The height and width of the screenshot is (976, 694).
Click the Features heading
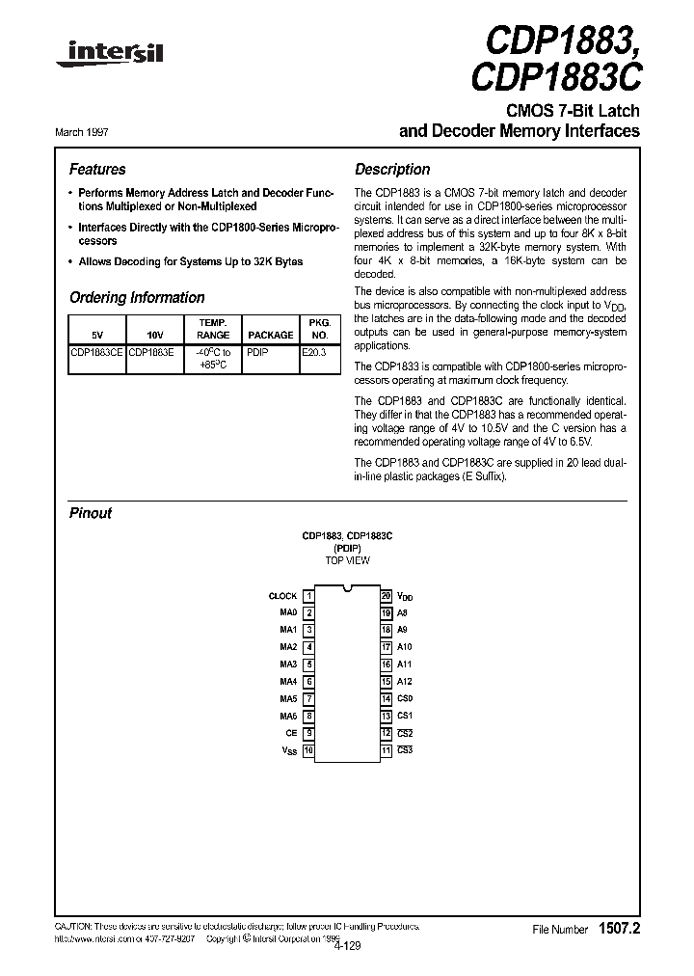[97, 169]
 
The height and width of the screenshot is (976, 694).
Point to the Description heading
[392, 169]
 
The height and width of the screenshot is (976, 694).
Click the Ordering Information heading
[137, 298]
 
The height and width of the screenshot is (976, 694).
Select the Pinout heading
[91, 513]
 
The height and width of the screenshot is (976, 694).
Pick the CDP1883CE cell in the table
[96, 353]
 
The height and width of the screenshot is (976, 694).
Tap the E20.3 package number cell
[314, 353]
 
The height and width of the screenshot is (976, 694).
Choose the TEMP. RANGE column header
[213, 329]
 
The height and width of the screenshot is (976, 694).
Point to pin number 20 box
[386, 596]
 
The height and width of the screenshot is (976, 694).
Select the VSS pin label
[289, 750]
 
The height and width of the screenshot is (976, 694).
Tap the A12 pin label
[404, 681]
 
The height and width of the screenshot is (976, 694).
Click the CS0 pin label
[404, 698]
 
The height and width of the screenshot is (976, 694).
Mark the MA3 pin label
[288, 664]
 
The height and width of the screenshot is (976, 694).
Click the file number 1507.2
[619, 929]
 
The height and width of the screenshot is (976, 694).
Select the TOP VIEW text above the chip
[347, 560]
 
